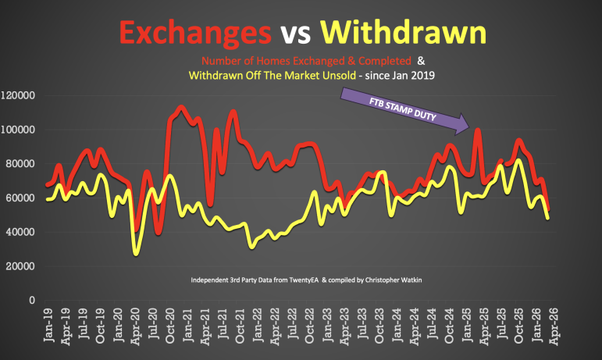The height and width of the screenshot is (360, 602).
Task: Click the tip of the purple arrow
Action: (x=467, y=123)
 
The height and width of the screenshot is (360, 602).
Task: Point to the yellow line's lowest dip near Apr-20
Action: (x=137, y=252)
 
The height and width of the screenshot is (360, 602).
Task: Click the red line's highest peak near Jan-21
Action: (x=181, y=107)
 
